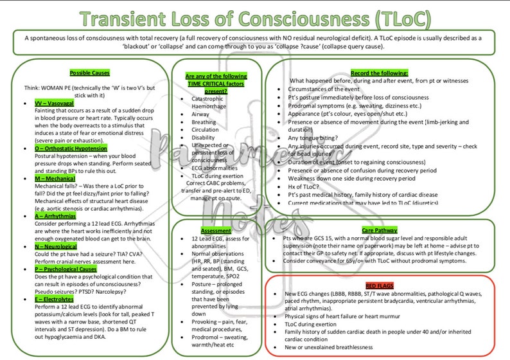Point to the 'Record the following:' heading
379,73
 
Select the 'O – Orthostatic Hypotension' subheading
71,148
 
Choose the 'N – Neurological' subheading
56,246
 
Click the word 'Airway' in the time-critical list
201,113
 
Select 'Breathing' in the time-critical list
204,122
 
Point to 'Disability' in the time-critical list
203,137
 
